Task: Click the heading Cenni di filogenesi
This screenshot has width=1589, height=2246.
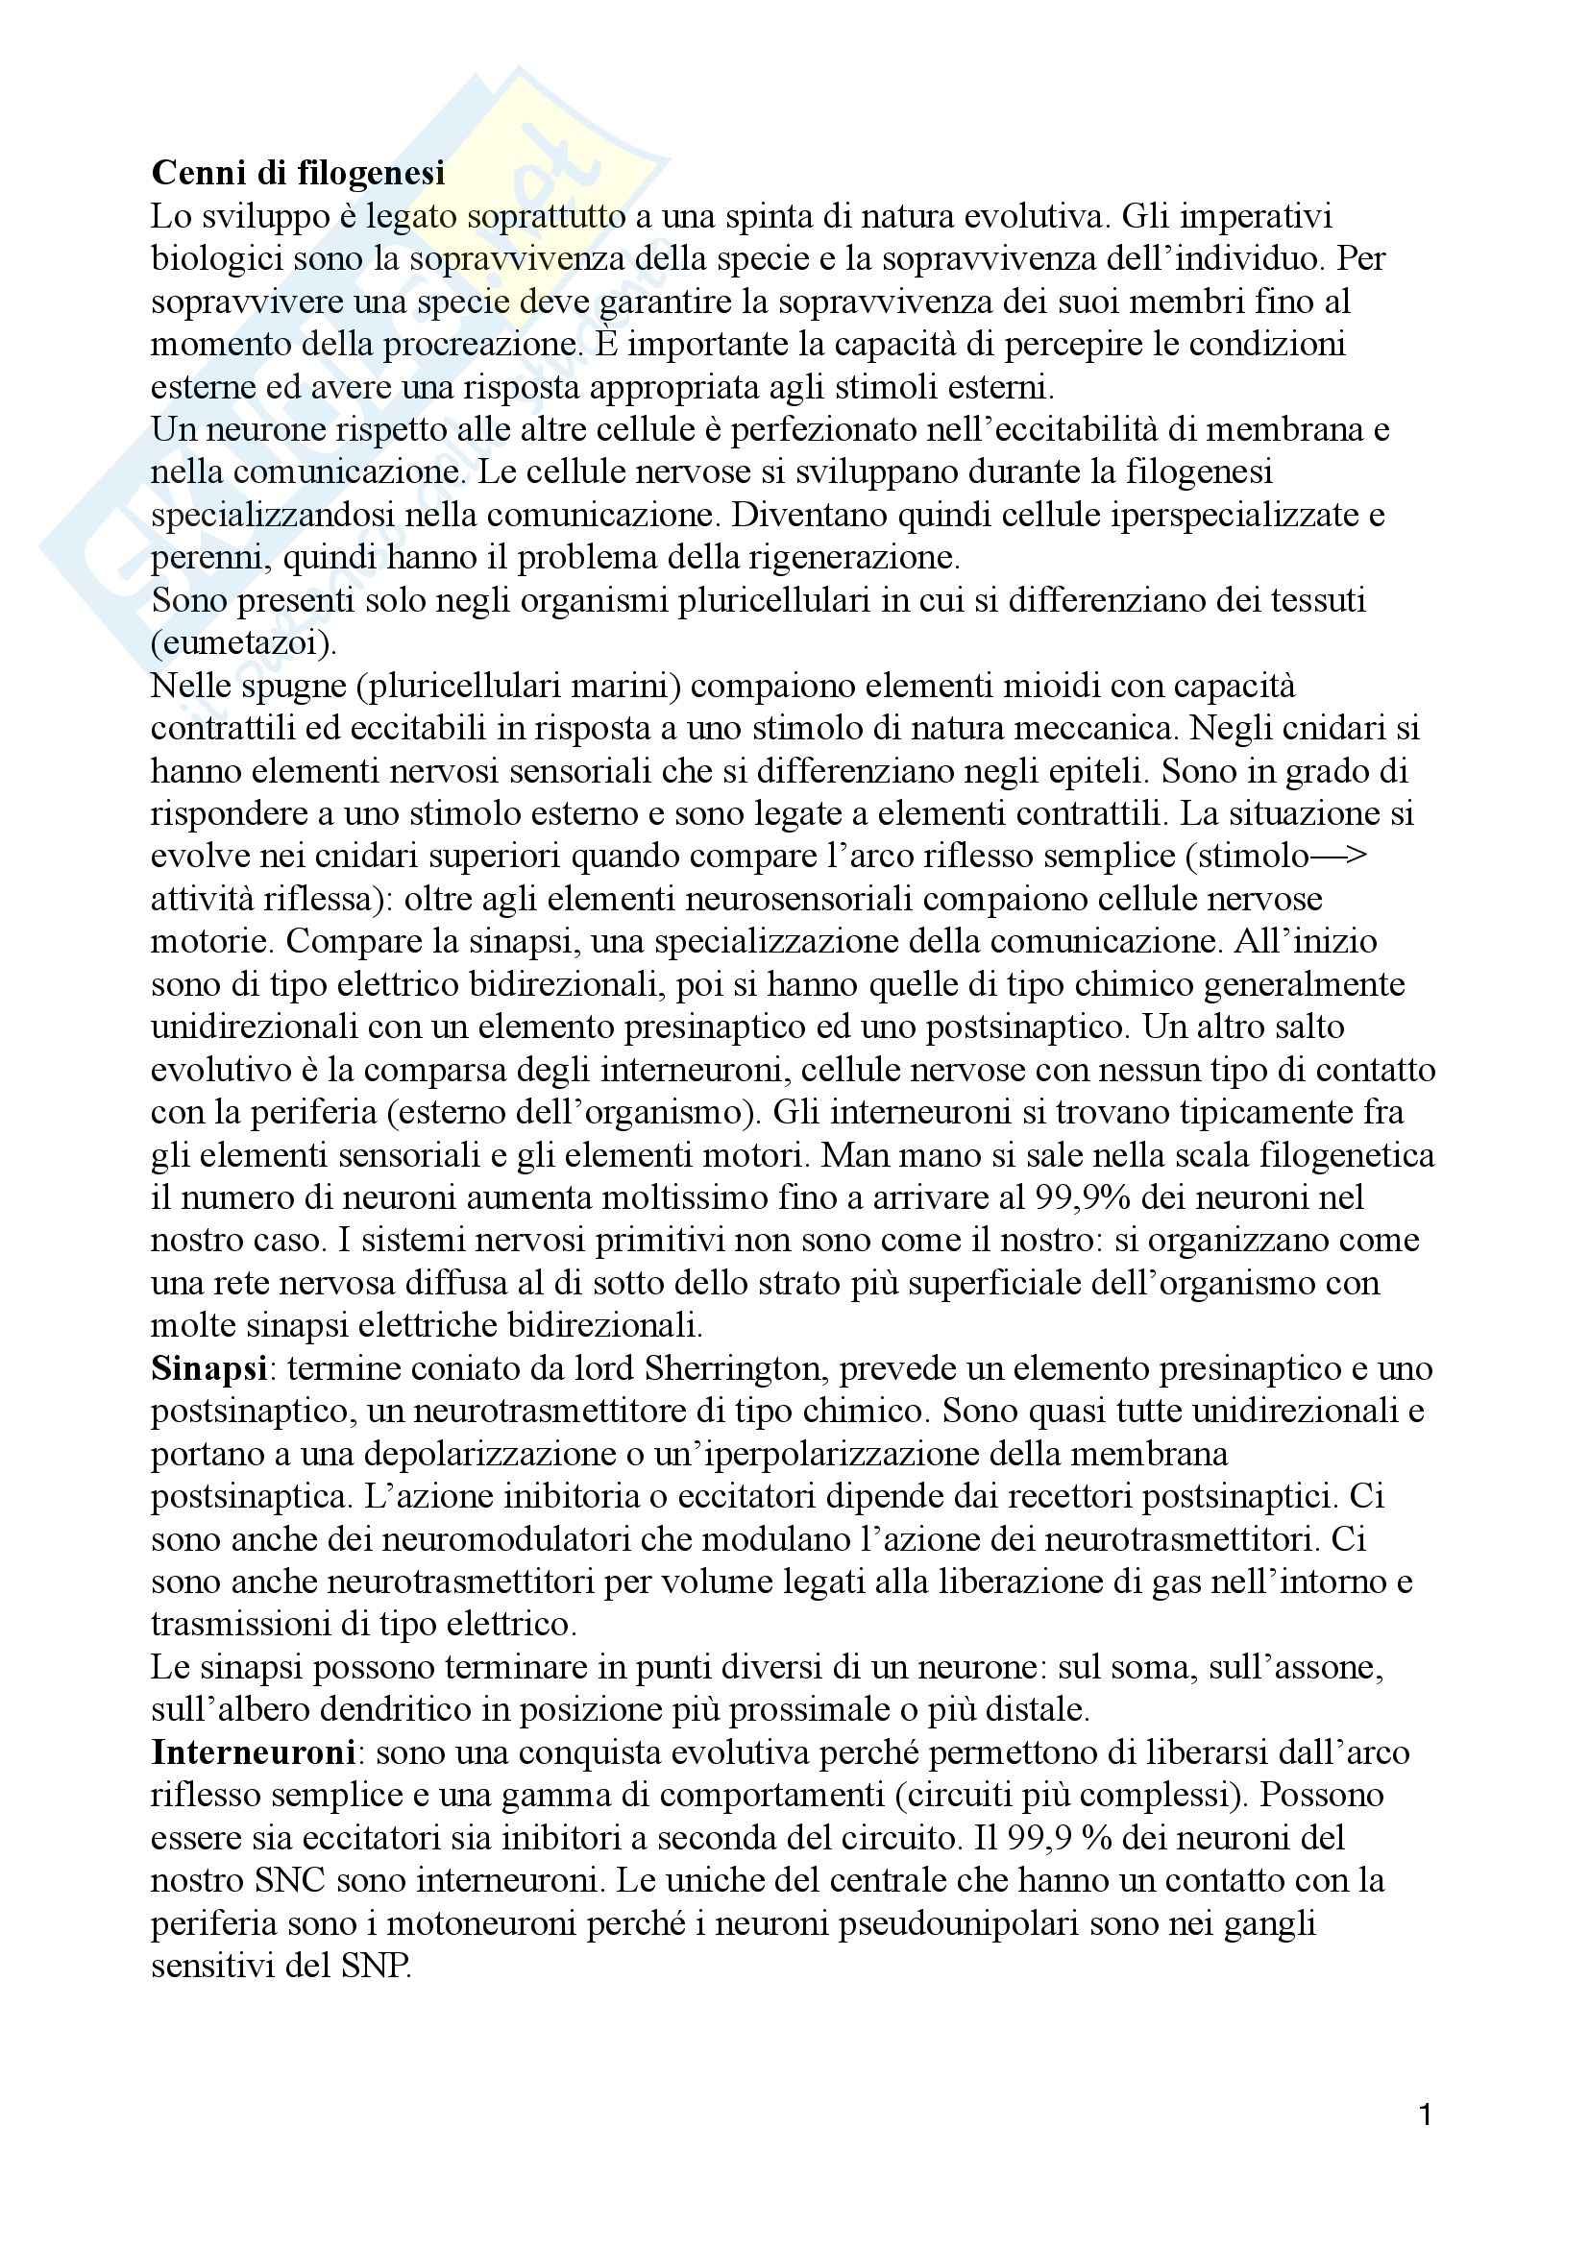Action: tap(298, 173)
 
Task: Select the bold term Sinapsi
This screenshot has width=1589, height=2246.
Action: tap(209, 1368)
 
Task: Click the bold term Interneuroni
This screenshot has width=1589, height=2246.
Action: tap(253, 1752)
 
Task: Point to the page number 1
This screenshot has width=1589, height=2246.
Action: tap(1425, 2116)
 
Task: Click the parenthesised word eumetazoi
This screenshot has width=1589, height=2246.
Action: tap(243, 642)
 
